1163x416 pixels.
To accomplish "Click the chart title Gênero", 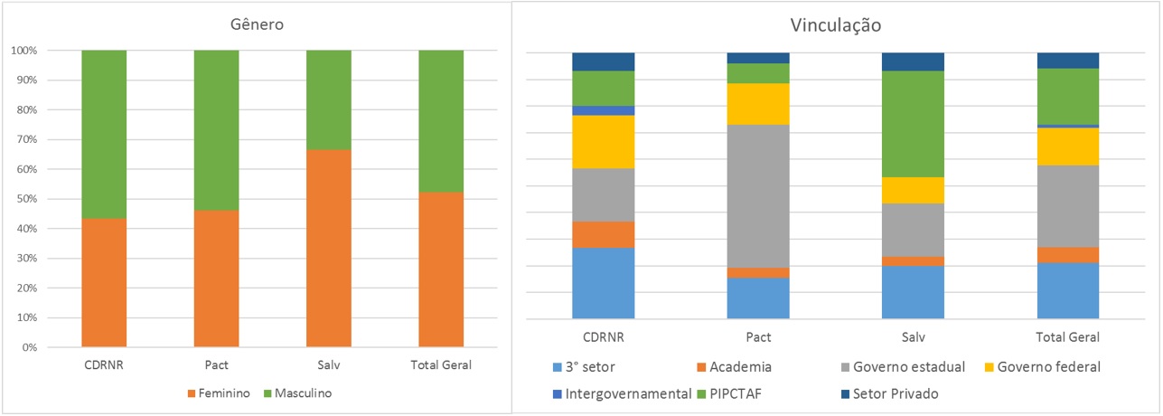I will coord(257,24).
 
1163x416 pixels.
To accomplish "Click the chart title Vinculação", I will coord(835,26).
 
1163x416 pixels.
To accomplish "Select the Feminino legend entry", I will coord(219,392).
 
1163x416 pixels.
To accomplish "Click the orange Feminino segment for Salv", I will coord(329,249).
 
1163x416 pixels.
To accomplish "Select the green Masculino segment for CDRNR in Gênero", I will coord(104,134).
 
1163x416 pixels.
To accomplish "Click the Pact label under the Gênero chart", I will coord(216,366).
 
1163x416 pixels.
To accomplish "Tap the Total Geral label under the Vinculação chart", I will coord(1067,337).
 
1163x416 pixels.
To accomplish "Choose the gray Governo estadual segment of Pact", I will coord(758,195).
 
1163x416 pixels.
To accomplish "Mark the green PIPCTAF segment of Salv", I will coord(913,123).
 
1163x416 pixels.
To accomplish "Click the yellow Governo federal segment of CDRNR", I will coord(603,142).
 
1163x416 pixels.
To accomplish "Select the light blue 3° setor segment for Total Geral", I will coord(1067,290).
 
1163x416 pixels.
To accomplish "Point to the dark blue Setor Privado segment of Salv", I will coord(913,61).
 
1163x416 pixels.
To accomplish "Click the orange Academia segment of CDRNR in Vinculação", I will coord(603,234).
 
